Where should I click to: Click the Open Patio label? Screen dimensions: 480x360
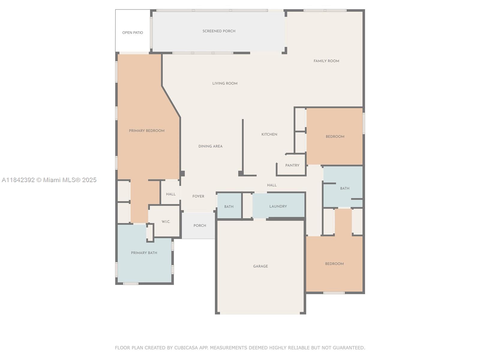point(133,33)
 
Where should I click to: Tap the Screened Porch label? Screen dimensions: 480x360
point(219,31)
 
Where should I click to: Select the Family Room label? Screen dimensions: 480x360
point(326,61)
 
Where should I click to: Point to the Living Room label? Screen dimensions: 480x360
point(225,83)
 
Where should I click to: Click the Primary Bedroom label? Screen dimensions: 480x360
point(146,131)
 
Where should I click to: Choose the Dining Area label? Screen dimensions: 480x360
point(210,146)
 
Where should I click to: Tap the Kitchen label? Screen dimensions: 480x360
point(269,134)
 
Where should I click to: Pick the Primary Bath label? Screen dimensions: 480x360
point(144,253)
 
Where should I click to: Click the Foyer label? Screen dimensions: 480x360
point(198,196)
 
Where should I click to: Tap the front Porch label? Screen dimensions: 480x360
point(200,225)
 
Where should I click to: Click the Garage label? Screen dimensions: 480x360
point(260,266)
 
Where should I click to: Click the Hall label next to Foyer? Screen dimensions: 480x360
point(171,194)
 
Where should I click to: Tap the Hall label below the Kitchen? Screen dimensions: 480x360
point(272,185)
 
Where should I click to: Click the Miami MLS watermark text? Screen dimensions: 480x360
point(49,180)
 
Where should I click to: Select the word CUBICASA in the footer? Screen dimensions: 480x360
point(186,347)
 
